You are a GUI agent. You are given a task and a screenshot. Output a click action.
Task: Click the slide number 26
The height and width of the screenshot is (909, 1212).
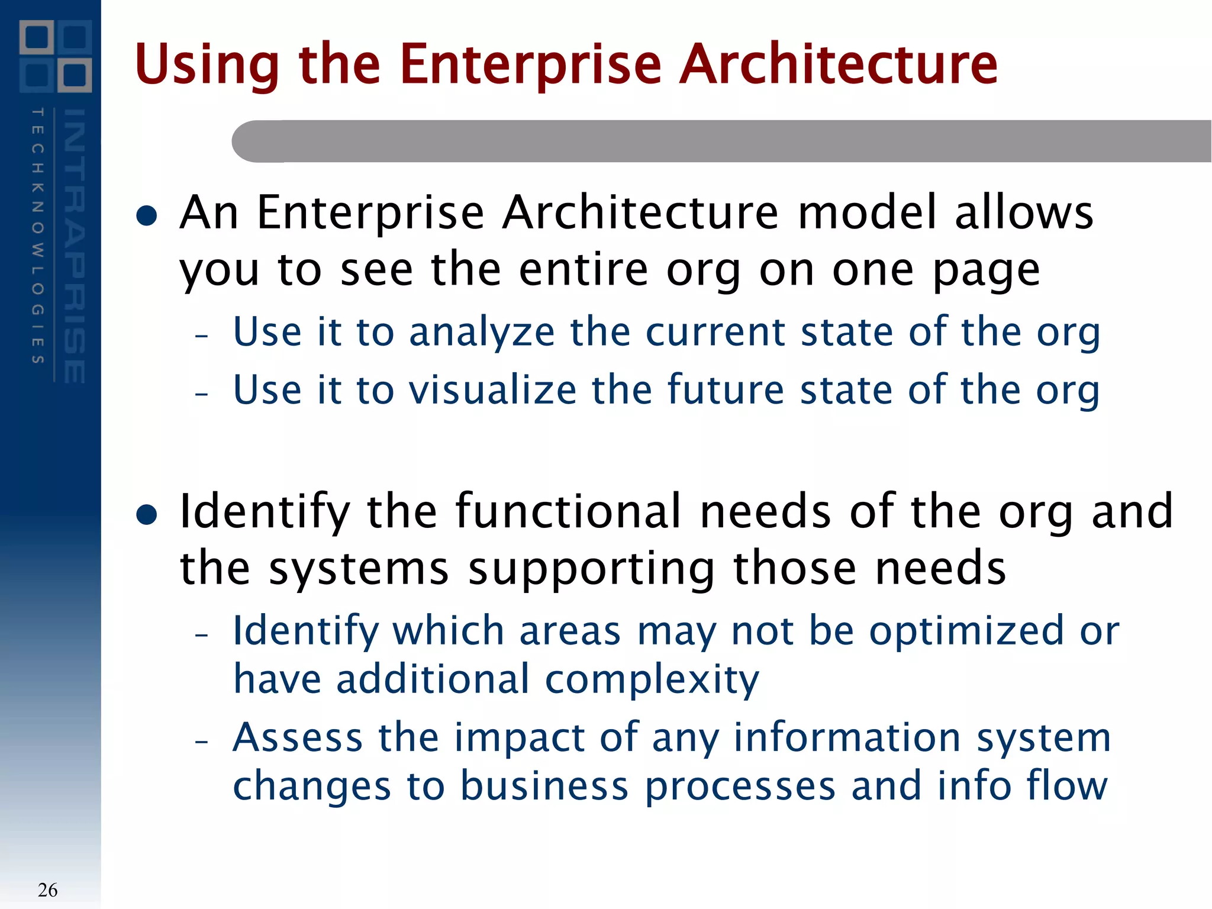pyautogui.click(x=47, y=889)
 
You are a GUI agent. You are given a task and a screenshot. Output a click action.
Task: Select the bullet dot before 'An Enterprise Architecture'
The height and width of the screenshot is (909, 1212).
pyautogui.click(x=146, y=216)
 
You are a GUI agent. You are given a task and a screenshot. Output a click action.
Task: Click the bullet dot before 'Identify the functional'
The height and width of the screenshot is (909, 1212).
pyautogui.click(x=146, y=514)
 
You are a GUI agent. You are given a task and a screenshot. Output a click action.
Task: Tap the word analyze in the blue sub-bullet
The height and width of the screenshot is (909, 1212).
pyautogui.click(x=482, y=333)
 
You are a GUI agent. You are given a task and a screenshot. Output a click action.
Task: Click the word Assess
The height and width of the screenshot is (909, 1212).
pyautogui.click(x=298, y=738)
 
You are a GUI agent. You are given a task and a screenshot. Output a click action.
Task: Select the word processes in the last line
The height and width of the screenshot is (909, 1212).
pyautogui.click(x=740, y=786)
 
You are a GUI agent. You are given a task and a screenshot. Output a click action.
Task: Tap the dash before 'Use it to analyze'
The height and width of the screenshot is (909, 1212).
pyautogui.click(x=202, y=336)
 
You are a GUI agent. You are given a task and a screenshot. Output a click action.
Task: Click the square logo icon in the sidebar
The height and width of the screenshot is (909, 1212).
pyautogui.click(x=56, y=56)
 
